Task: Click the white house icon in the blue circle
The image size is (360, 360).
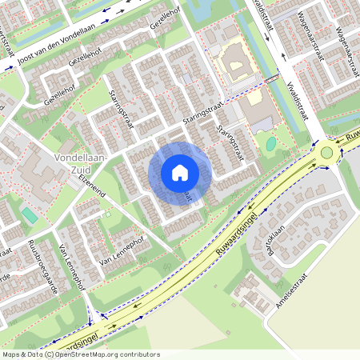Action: point(180,173)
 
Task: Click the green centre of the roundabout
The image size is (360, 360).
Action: point(326,152)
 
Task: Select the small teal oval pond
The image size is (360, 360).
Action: point(271,144)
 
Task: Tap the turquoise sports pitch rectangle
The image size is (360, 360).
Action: point(30,215)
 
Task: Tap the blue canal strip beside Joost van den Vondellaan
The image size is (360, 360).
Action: point(48,36)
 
